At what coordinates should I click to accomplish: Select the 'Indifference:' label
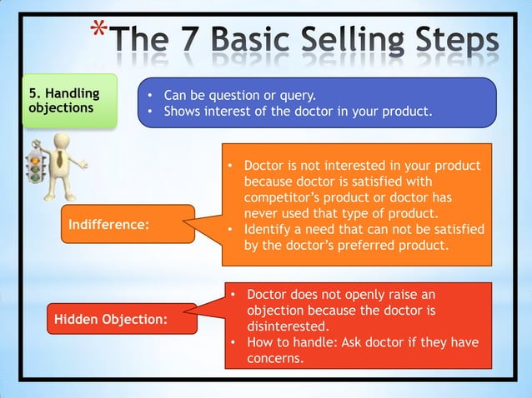click(x=109, y=224)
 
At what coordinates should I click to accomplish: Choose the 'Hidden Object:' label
click(x=110, y=319)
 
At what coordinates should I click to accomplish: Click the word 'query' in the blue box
click(x=297, y=95)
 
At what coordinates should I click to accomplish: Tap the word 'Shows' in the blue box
click(x=183, y=111)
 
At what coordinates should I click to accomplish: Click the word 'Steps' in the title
click(x=456, y=40)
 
